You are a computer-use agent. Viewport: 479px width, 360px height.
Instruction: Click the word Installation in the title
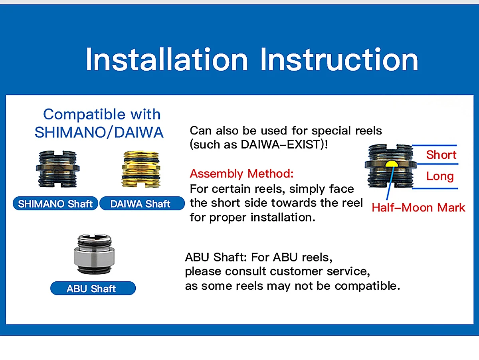point(167,59)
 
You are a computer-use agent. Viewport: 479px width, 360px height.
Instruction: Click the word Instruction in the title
point(339,59)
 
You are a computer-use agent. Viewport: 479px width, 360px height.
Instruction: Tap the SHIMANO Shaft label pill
point(55,204)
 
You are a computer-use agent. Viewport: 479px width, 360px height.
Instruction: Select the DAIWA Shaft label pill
point(142,204)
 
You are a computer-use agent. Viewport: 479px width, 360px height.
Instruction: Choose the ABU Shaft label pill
point(93,289)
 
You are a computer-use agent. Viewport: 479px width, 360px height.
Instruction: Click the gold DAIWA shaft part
point(141,169)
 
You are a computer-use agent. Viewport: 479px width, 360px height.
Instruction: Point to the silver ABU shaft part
point(94,254)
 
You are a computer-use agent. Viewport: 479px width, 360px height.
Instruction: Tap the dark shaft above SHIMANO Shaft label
point(57,169)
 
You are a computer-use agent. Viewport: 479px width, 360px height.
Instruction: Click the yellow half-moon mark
point(392,164)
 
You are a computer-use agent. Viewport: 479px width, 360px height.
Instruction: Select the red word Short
point(441,155)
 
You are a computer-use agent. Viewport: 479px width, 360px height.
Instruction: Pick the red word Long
point(440,176)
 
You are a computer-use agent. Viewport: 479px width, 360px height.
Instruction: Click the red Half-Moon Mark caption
point(418,207)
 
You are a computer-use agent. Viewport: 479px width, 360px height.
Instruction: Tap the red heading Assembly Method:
point(241,174)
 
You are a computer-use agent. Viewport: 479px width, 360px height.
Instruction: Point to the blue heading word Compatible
point(84,114)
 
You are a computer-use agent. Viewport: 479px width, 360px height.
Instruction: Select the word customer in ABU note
point(298,271)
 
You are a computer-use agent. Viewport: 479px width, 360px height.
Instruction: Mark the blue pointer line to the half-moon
point(390,183)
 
